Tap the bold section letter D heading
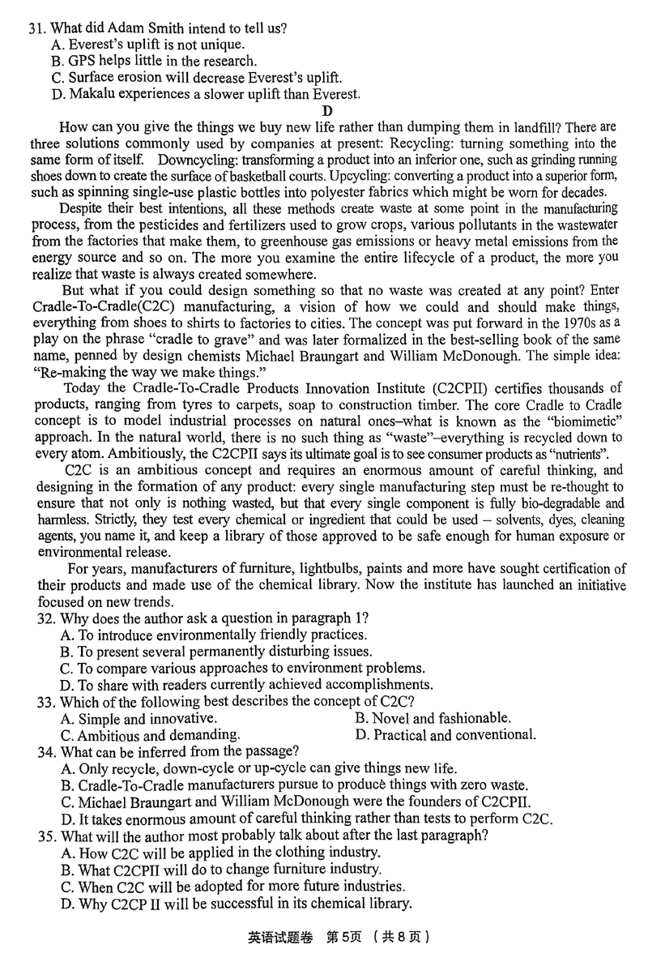pos(327,111)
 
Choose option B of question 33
pos(433,718)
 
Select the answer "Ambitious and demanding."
pos(151,735)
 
